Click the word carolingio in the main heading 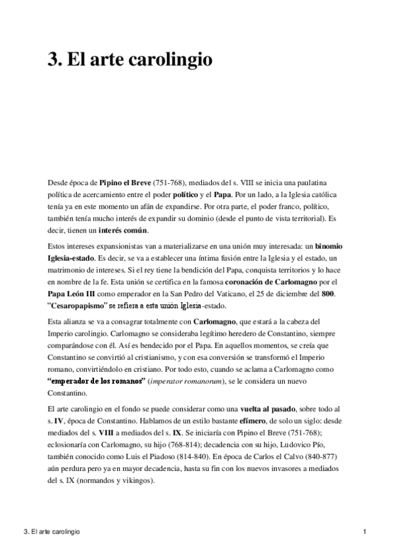tap(176, 60)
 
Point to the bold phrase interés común tap(124, 230)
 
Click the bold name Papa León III tap(74, 296)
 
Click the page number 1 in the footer tap(364, 531)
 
